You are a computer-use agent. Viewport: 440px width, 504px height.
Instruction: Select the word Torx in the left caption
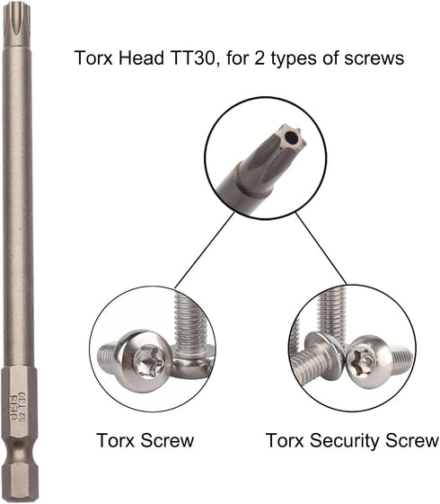tap(115, 440)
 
